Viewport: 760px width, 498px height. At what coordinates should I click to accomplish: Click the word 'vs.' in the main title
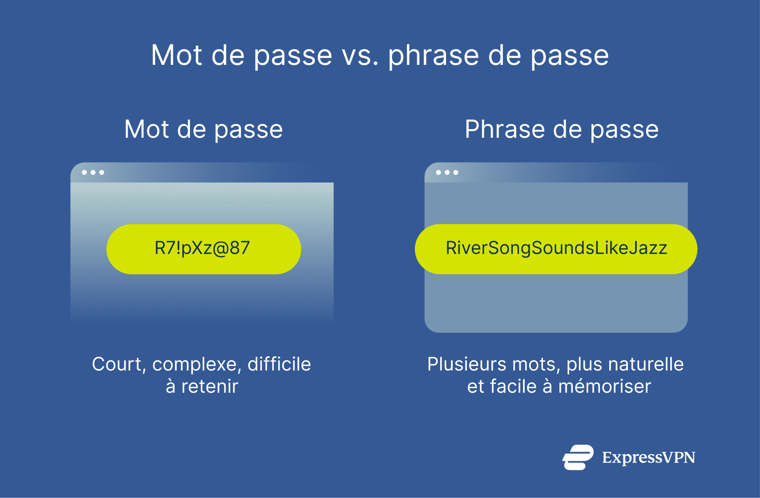point(360,56)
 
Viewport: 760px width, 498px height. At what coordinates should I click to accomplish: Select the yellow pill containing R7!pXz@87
point(203,249)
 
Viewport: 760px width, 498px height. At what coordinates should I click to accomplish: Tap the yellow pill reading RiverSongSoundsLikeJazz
point(556,249)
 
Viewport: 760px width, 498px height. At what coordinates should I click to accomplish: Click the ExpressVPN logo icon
point(578,457)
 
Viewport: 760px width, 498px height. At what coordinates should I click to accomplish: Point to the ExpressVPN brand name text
point(648,458)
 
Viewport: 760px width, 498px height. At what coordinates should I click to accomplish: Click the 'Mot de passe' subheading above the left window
point(204,130)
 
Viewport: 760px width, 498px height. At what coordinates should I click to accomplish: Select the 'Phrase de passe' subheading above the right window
point(561,130)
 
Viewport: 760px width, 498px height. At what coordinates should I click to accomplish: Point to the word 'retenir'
point(209,386)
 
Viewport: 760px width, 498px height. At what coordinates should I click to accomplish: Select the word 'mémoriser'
point(604,386)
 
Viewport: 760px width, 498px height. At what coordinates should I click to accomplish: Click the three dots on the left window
point(93,172)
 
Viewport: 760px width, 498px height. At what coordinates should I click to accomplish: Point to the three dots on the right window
point(447,172)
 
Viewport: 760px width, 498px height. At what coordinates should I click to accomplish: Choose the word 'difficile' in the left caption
point(279,365)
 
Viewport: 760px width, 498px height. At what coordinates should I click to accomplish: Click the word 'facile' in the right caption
point(513,386)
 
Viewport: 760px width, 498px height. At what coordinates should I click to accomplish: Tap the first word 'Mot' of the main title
point(177,56)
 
